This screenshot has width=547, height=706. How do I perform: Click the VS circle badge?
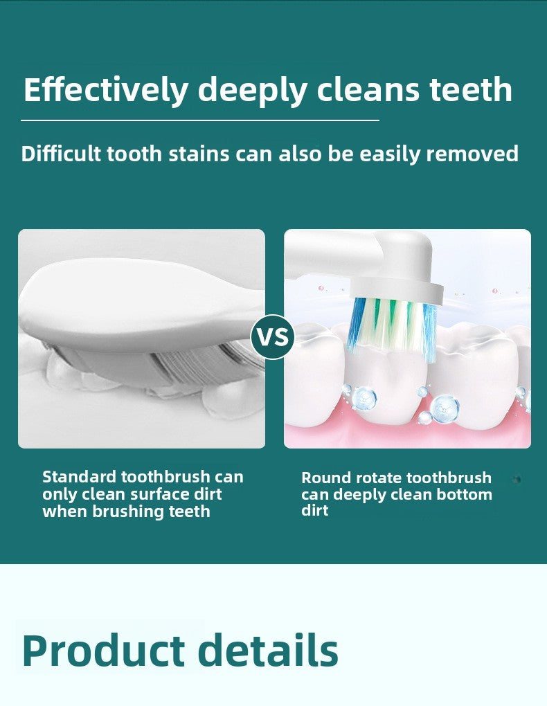coord(273,337)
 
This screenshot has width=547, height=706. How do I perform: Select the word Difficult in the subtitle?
coord(61,153)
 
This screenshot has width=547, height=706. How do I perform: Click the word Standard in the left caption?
coord(79,476)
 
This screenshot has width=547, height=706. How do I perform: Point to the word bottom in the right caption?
coord(466,494)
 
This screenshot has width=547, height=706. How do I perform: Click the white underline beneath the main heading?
coord(200,120)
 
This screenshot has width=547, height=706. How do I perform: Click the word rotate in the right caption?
coord(379,478)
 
